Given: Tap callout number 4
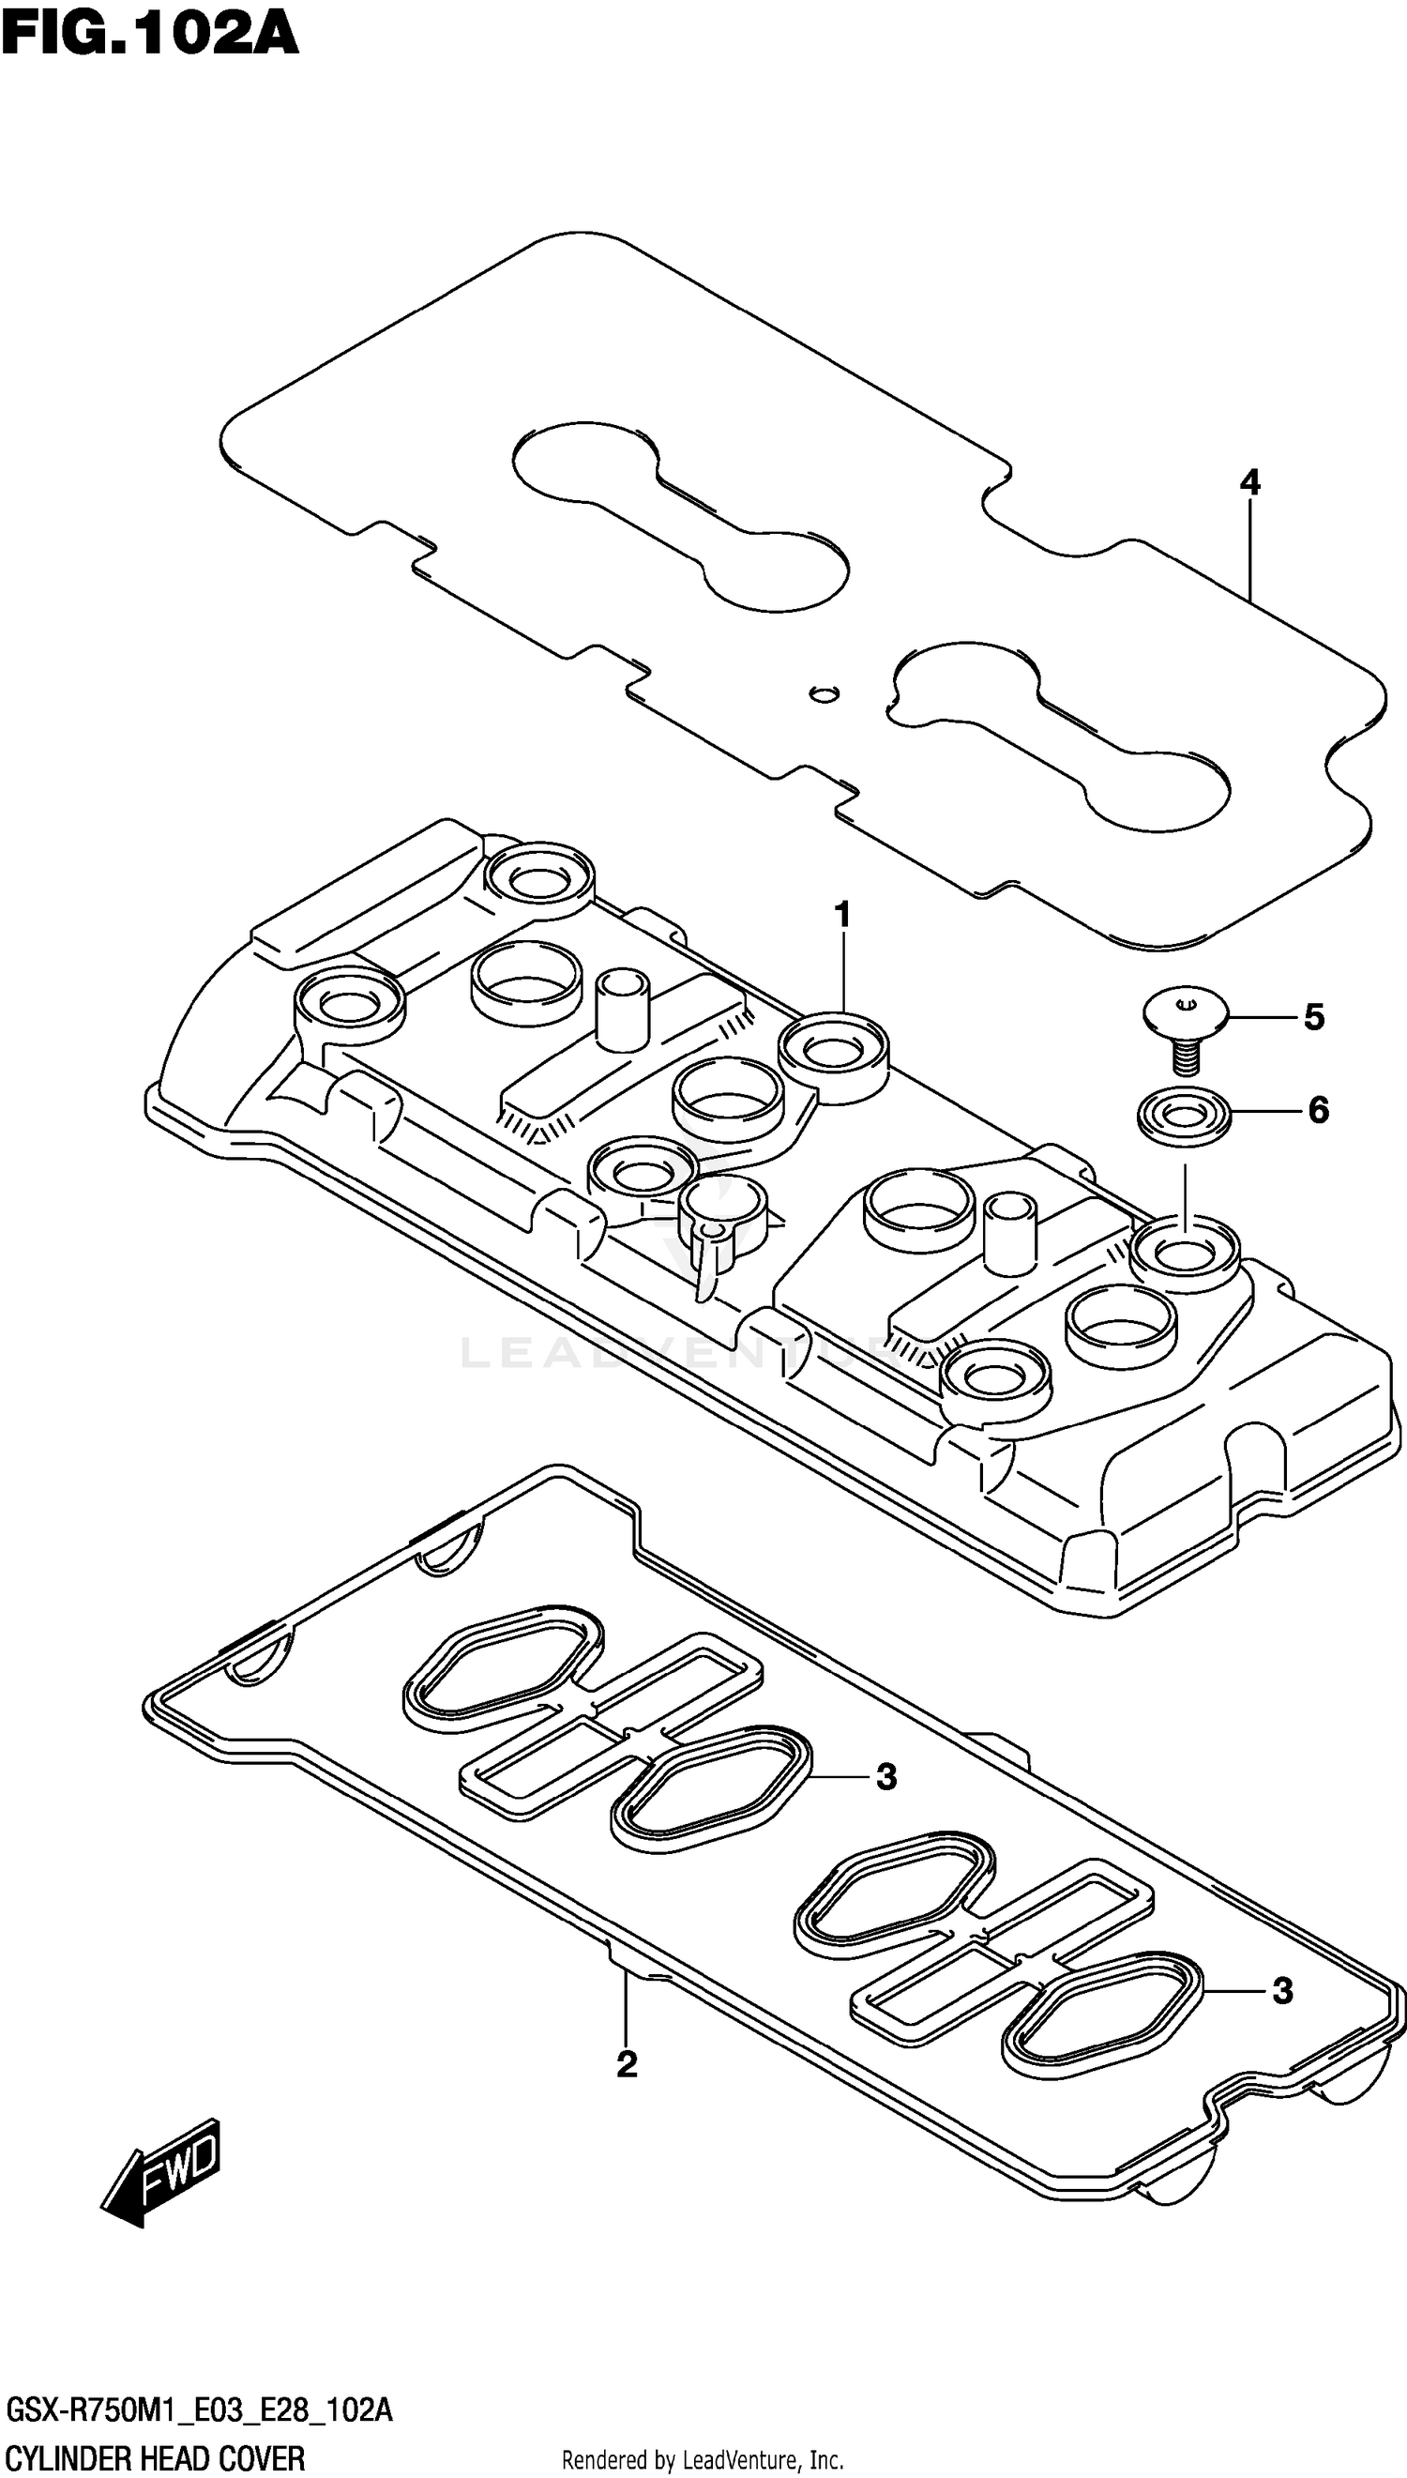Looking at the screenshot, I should [1249, 482].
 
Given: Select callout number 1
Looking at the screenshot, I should [842, 913].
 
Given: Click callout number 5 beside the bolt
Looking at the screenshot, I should [1313, 1017].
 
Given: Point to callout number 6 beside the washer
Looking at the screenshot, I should [1318, 1109].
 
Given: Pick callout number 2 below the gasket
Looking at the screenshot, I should [627, 2065].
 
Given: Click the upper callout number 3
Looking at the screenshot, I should [886, 1776].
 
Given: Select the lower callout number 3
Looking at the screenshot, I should [1281, 1991].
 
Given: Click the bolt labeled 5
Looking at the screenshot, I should [1185, 1029].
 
